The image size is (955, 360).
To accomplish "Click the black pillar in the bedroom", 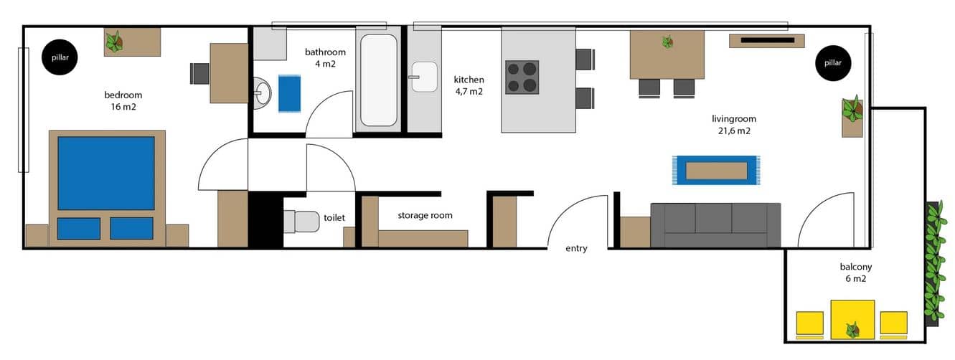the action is [60, 57].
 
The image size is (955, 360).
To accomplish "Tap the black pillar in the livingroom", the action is [833, 62].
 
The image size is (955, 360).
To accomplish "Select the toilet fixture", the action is [302, 222].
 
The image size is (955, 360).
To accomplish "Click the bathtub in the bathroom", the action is [379, 80].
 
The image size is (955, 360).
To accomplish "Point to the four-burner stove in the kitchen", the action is [522, 77].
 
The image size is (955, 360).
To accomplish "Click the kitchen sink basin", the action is [424, 77].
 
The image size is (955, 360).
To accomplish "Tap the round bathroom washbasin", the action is [262, 93].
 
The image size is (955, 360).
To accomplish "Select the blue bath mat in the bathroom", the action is [289, 93].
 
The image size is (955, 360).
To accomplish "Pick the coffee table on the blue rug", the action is [716, 171].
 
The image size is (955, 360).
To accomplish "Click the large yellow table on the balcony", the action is [852, 320].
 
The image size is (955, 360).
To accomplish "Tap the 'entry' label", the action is [576, 248].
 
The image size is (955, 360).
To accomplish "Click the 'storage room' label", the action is [425, 216].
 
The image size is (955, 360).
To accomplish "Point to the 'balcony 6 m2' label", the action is [856, 273].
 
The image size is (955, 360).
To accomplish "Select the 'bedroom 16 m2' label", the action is [123, 101].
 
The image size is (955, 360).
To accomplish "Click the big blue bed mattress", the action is [106, 173].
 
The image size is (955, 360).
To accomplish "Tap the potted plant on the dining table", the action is [668, 42].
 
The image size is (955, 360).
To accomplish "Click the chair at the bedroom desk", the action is [199, 74].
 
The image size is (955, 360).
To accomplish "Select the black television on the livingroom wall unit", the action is [768, 40].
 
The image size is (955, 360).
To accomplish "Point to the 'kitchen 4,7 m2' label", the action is [469, 85].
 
